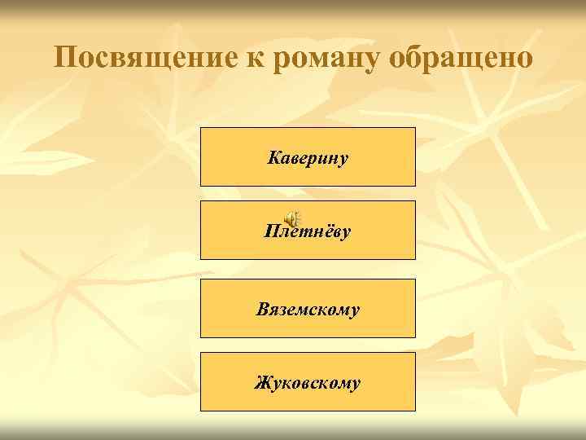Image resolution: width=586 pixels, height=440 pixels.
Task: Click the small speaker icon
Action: [x=291, y=219]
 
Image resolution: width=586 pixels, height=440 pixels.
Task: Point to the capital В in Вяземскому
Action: [x=262, y=309]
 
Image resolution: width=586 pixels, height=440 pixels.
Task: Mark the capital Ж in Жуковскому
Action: [x=263, y=381]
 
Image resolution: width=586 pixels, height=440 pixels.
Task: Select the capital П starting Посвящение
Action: [x=66, y=58]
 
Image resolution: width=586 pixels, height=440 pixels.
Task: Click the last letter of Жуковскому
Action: [x=355, y=384]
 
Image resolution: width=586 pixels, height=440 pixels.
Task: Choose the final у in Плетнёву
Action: [x=346, y=233]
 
